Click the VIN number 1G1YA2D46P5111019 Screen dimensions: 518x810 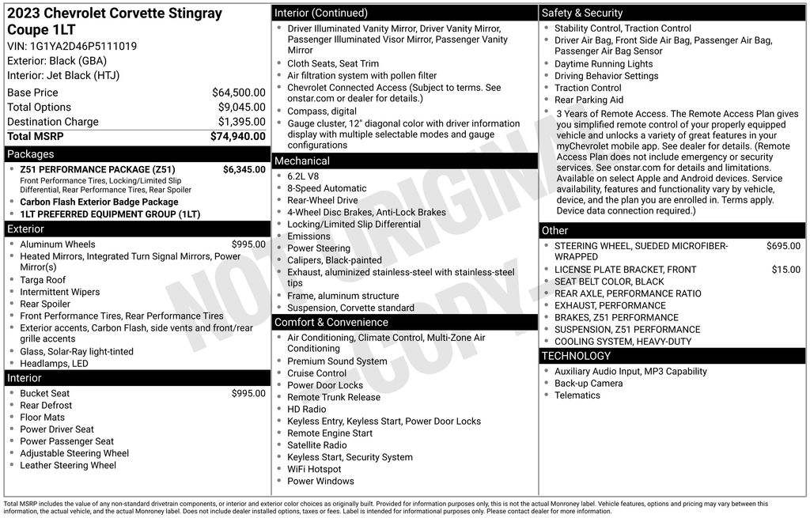83,46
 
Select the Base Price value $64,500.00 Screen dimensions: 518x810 238,93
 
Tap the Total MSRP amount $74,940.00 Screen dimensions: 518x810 237,136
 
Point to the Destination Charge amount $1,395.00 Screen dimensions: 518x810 241,122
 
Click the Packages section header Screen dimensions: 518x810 31,154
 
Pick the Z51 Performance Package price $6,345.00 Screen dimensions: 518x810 244,169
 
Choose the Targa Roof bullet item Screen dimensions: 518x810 43,280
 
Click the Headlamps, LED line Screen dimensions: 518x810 54,364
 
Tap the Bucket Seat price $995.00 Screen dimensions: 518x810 248,393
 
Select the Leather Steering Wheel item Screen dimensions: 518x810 68,465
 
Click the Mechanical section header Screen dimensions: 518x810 302,161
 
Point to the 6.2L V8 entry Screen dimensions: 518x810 303,176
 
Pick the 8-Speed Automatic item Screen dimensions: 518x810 327,188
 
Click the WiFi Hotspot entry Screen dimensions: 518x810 314,469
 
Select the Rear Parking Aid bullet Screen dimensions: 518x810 589,100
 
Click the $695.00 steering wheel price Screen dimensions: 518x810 783,246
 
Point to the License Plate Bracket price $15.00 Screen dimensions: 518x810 785,270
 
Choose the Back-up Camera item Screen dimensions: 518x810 589,384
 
